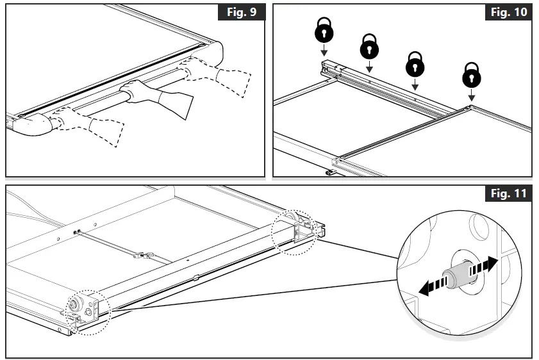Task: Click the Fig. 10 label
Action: tap(508, 13)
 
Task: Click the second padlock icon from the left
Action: tap(369, 46)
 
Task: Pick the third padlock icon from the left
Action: tap(415, 63)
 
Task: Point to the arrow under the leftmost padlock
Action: tap(324, 51)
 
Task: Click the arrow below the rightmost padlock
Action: tap(471, 95)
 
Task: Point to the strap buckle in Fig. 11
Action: tap(142, 256)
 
